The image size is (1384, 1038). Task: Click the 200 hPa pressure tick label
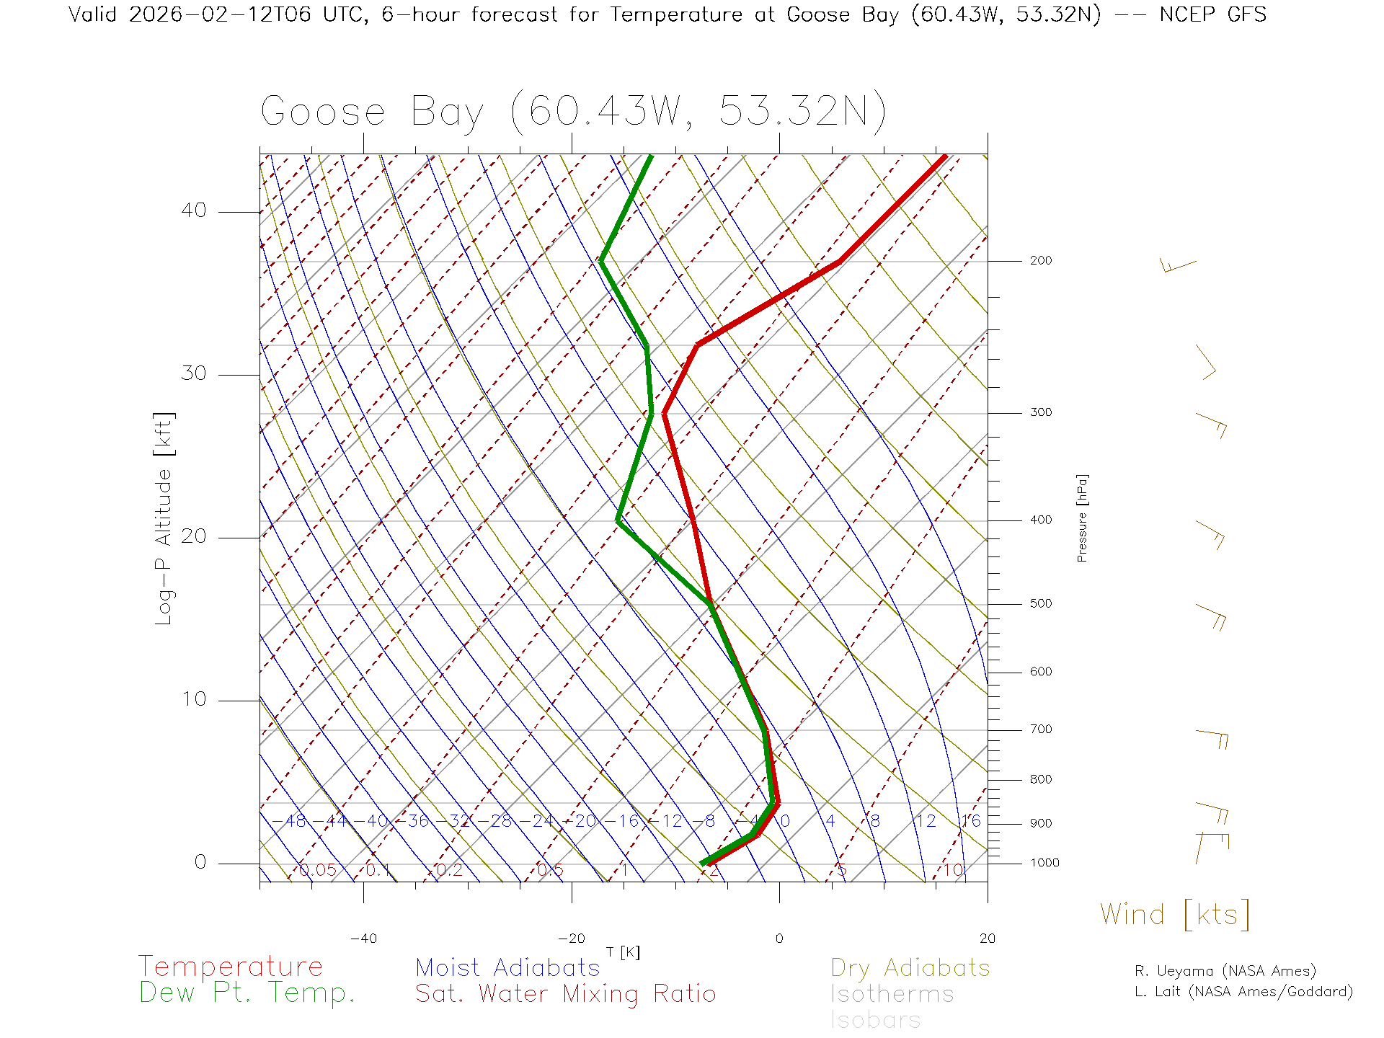(1040, 261)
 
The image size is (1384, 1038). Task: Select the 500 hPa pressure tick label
(1040, 604)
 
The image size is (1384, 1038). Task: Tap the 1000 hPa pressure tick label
(1044, 864)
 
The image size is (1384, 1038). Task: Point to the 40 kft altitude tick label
(193, 210)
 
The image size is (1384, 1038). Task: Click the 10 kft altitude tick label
(193, 699)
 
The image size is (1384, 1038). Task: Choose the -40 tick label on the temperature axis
(363, 939)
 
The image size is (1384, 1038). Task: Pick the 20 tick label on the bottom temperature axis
(987, 939)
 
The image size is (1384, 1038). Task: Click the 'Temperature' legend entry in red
(231, 967)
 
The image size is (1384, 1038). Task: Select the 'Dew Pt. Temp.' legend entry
(247, 993)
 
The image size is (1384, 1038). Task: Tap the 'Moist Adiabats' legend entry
(507, 968)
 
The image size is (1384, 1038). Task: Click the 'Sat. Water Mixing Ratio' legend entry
(565, 994)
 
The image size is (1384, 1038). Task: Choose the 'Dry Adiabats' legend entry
(910, 968)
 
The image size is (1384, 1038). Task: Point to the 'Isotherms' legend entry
(892, 994)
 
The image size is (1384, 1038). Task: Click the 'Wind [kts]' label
(1175, 915)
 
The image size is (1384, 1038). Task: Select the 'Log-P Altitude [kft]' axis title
(164, 518)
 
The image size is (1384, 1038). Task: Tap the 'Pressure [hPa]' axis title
(1082, 518)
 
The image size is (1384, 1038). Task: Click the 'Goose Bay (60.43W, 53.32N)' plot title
(573, 112)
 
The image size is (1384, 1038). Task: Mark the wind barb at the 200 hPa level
(1177, 266)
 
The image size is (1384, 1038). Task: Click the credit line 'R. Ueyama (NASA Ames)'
(1225, 971)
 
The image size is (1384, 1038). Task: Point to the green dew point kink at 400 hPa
(618, 520)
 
